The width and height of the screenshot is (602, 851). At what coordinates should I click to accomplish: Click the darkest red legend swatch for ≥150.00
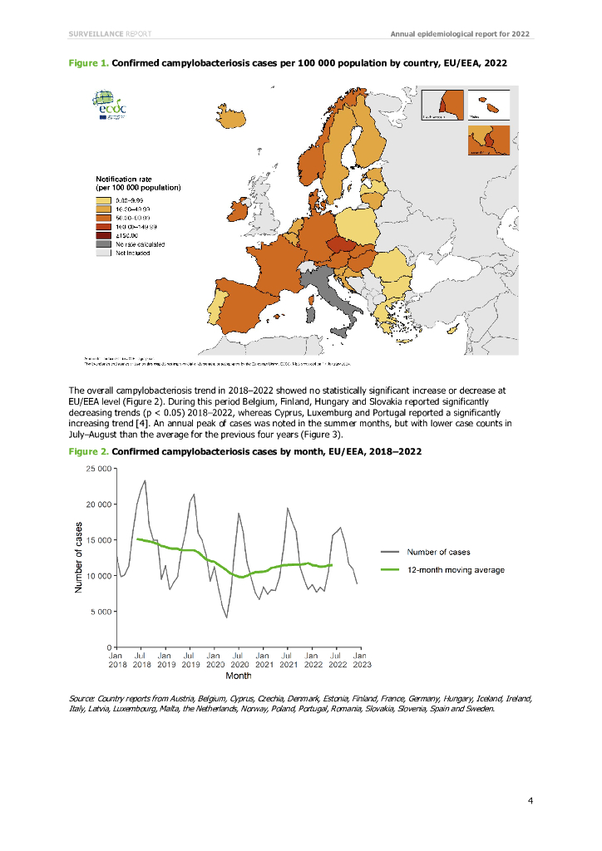point(103,235)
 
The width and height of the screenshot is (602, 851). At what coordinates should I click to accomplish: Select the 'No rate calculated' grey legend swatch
point(103,244)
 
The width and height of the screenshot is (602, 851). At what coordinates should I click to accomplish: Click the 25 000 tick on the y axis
point(97,469)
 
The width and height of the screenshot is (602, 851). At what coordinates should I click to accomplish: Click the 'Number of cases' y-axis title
point(79,557)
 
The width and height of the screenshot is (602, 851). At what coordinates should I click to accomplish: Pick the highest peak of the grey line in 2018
point(145,480)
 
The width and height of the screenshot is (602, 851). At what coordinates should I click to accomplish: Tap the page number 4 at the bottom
point(530,800)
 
